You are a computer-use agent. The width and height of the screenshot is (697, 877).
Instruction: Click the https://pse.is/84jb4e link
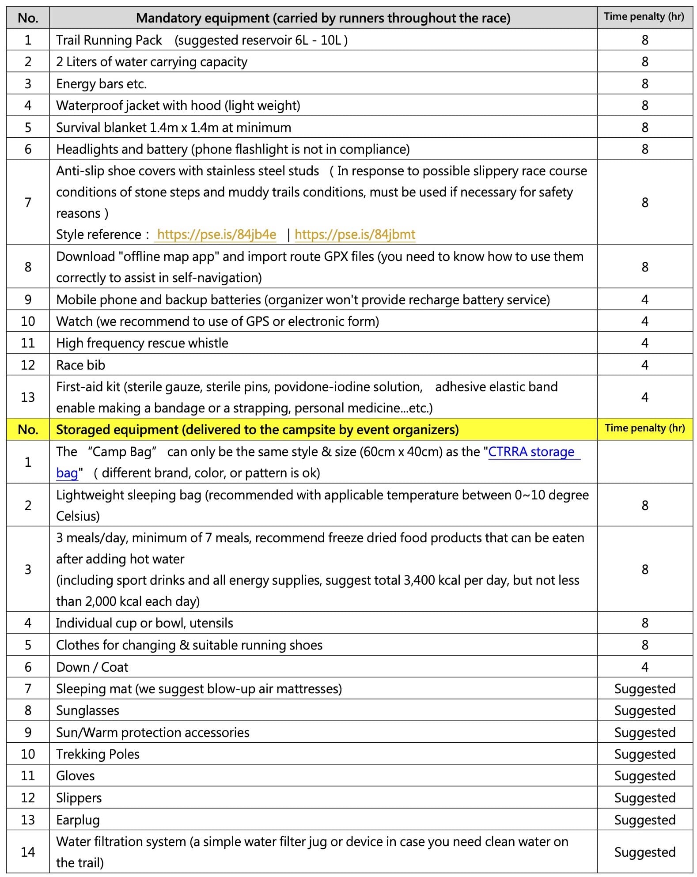[216, 234]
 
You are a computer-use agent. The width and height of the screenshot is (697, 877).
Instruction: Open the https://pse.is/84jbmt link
[355, 234]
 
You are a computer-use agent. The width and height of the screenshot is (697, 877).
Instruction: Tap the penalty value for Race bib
[644, 365]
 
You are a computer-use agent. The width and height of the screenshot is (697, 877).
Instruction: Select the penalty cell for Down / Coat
[644, 667]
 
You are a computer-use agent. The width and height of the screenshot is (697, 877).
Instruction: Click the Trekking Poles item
[98, 754]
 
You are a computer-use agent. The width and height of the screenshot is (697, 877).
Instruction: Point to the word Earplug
[78, 820]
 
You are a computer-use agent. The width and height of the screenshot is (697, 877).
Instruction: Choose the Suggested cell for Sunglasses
[644, 711]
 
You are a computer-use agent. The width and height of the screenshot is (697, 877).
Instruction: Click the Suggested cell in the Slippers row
[644, 798]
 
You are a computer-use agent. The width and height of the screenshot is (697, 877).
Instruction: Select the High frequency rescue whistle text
[142, 343]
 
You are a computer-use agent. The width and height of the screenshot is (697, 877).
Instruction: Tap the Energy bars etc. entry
[101, 84]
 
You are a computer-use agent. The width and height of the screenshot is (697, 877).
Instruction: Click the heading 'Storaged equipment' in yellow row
[257, 430]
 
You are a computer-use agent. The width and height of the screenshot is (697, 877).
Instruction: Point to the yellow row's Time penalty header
[644, 428]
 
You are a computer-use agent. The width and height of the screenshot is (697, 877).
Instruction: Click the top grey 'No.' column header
[28, 18]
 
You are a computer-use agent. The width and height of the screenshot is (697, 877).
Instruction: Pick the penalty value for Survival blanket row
[644, 128]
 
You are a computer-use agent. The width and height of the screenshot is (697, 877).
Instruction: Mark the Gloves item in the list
[75, 776]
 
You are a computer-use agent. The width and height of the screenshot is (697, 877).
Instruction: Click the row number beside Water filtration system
[28, 852]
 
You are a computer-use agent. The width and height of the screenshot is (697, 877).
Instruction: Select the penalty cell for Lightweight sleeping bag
[644, 505]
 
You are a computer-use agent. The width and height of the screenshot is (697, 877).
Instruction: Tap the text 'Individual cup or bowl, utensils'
[144, 623]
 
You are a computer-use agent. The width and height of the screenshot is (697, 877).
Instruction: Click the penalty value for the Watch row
[644, 321]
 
